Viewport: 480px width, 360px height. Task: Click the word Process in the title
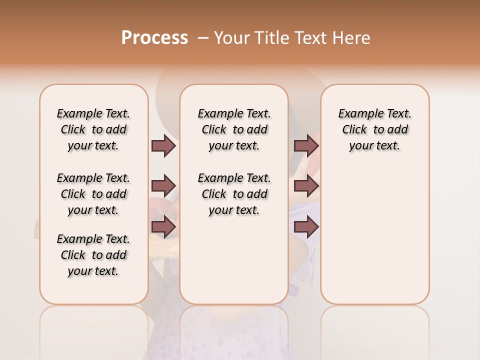click(154, 38)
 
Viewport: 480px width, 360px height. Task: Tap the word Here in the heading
click(352, 38)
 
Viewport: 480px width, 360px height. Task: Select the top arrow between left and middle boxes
click(163, 145)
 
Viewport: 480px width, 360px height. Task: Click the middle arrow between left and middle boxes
click(163, 186)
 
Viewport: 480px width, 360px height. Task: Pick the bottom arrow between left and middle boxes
click(163, 227)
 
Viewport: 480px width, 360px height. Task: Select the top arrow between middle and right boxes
click(306, 145)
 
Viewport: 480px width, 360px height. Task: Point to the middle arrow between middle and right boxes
click(306, 186)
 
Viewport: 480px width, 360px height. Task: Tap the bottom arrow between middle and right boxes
click(306, 227)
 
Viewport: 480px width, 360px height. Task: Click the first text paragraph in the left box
click(93, 129)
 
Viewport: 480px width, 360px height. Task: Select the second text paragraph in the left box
click(93, 194)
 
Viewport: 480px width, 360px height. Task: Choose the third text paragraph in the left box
click(93, 255)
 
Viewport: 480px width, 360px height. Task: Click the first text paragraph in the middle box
click(234, 129)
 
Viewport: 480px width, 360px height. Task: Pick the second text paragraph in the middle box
click(234, 194)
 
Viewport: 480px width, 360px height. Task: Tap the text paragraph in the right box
click(374, 129)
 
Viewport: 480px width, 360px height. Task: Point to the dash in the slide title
click(203, 38)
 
